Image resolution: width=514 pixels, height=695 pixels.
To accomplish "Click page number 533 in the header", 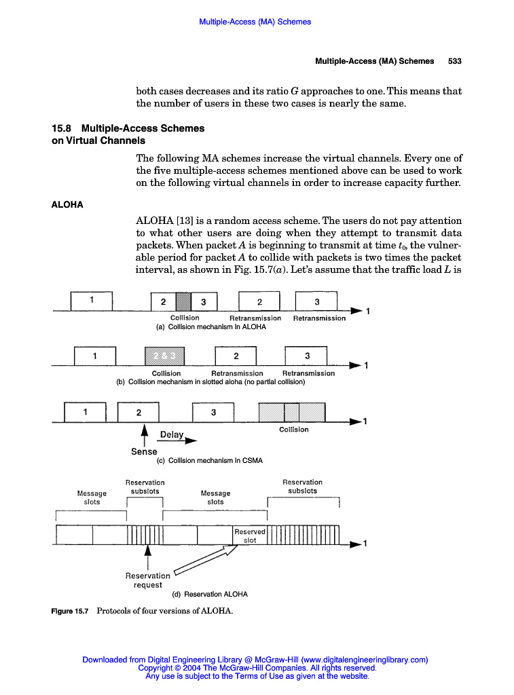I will click(x=454, y=61).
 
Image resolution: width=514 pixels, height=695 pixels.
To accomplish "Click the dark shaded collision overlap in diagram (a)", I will click(x=184, y=302).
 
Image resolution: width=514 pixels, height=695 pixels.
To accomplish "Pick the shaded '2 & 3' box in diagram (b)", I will click(x=165, y=356).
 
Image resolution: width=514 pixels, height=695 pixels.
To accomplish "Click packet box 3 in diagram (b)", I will click(x=307, y=356).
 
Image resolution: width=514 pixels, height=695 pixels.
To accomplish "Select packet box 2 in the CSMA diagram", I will click(x=139, y=412).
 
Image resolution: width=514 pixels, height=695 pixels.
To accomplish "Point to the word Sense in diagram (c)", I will click(x=144, y=451).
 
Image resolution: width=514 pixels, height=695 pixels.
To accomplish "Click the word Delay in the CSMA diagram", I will click(x=172, y=434).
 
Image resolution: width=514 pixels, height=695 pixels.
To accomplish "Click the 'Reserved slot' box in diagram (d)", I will click(x=250, y=536).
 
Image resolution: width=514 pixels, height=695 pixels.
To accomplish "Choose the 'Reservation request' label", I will click(x=148, y=580).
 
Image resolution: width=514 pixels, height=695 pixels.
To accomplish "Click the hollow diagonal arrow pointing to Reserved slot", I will click(x=204, y=561).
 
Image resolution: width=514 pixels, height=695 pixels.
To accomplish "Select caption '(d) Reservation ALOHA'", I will click(x=210, y=594).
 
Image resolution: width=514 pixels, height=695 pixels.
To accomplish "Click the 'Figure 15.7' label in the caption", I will click(x=70, y=611).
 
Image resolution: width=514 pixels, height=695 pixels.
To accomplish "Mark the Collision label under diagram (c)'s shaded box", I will click(x=293, y=429).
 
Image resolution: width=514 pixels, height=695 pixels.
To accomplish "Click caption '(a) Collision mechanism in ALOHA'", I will click(x=211, y=326).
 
